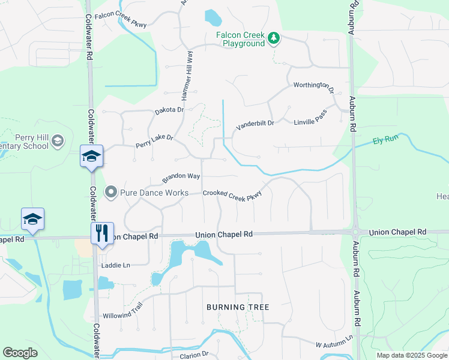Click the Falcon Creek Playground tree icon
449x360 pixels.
[x=274, y=38]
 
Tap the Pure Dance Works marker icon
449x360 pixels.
[x=110, y=193]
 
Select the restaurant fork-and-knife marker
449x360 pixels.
[x=101, y=232]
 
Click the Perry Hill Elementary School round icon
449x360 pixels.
[x=58, y=141]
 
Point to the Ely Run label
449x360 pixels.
[x=385, y=140]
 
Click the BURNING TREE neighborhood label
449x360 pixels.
[x=238, y=307]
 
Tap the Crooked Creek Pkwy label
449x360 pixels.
[x=232, y=194]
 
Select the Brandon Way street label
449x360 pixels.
[x=181, y=178]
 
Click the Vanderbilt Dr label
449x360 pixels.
[x=255, y=124]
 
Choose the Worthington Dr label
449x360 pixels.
[x=313, y=86]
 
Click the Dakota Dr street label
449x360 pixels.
[x=169, y=110]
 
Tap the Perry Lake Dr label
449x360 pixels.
[x=154, y=142]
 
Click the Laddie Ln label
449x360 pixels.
[x=116, y=265]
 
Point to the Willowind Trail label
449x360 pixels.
[x=122, y=306]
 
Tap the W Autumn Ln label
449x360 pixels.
[x=334, y=344]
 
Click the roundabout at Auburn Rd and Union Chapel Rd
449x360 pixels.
[x=355, y=232]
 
